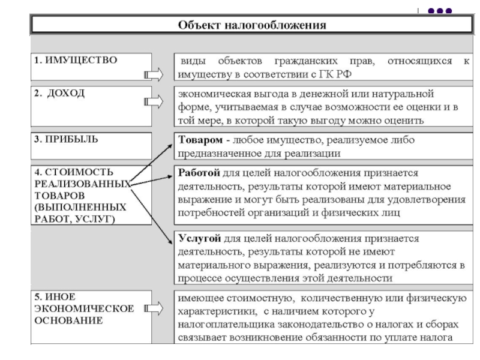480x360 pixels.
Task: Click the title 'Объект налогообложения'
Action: pos(252,25)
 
